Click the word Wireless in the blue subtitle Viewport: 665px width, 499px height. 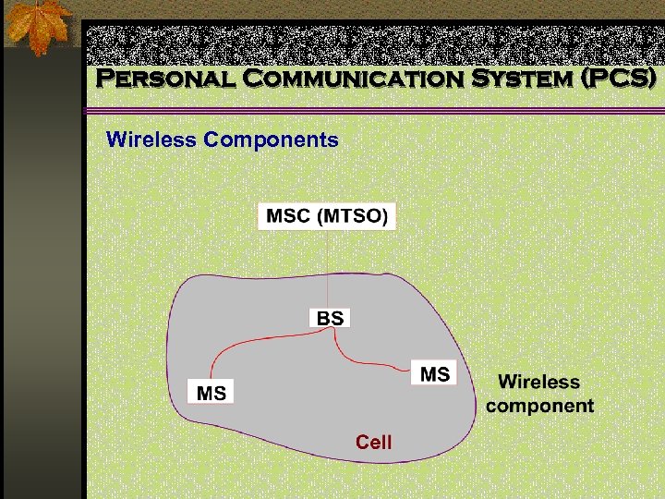click(151, 140)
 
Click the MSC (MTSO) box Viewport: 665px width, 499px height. click(327, 217)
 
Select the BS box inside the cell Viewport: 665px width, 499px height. click(330, 319)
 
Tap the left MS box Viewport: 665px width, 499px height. click(212, 393)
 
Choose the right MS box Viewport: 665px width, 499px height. click(434, 374)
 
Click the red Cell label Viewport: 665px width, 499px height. click(374, 443)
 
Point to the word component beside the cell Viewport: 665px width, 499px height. click(539, 406)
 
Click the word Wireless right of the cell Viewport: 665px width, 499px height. click(539, 382)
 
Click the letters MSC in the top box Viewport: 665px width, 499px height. click(288, 217)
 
